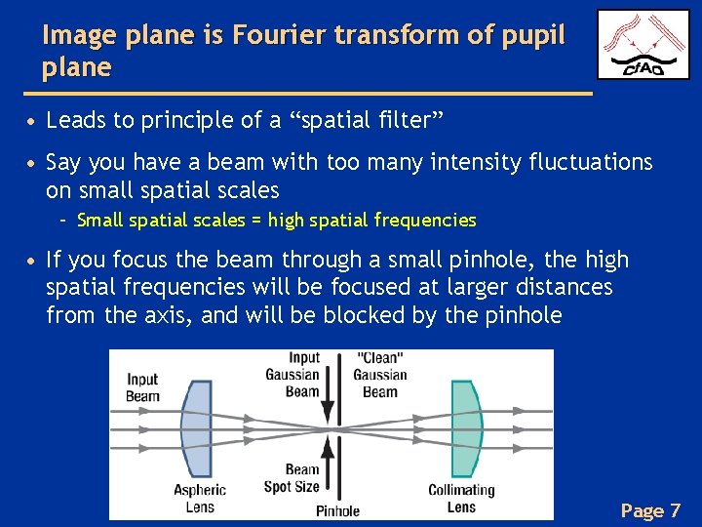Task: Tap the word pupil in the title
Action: click(531, 35)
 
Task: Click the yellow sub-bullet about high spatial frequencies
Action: click(276, 220)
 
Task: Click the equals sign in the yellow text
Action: click(256, 220)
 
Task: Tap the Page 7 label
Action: click(650, 510)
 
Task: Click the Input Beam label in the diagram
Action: click(142, 387)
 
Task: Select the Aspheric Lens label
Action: click(200, 498)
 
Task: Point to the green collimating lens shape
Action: click(465, 430)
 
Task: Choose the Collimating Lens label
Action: click(461, 498)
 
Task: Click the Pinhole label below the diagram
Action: click(337, 510)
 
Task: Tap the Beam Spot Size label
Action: click(292, 477)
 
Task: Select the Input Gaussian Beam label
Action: click(292, 375)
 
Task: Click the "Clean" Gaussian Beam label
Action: click(380, 375)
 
